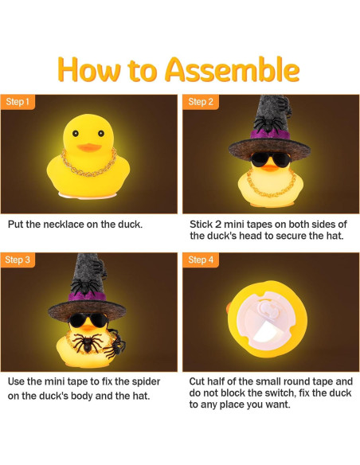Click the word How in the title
(91, 70)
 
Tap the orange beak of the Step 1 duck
(88, 147)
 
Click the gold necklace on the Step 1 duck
(89, 171)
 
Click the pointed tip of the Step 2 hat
(268, 100)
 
